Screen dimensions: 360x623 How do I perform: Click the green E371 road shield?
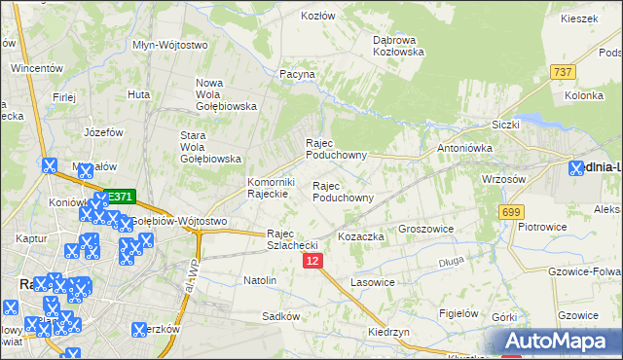coord(119,197)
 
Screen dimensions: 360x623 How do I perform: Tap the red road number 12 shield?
coord(311,261)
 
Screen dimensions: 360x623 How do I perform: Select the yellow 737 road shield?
coord(563,72)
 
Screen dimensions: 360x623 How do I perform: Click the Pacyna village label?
coord(297,73)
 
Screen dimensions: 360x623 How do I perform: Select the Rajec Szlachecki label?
coord(293,239)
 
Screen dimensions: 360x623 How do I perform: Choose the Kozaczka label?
coord(362,236)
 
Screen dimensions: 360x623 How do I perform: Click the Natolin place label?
coord(260,280)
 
